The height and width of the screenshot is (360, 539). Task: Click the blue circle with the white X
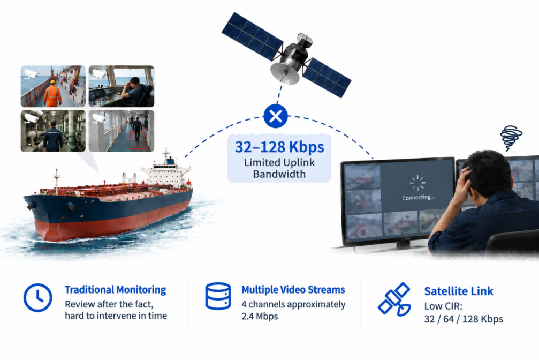275,116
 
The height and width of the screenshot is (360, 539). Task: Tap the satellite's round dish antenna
285,73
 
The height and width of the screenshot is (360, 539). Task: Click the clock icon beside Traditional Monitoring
38,298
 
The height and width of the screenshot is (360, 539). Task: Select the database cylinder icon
218,296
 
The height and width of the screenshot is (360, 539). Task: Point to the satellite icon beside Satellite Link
394,299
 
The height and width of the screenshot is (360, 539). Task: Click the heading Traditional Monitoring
115,290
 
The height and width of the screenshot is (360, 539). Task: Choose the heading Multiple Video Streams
293,290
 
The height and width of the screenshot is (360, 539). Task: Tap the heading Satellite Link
459,291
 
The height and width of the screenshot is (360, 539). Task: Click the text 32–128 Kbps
279,147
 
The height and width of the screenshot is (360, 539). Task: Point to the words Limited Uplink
279,162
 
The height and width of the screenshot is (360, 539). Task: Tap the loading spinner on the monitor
417,183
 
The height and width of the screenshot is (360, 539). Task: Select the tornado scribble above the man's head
511,138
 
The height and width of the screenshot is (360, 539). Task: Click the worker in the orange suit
52,93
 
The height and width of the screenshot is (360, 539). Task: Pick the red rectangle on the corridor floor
139,141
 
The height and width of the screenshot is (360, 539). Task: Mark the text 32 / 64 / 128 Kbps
464,319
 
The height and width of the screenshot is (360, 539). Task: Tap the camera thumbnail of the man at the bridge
122,86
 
